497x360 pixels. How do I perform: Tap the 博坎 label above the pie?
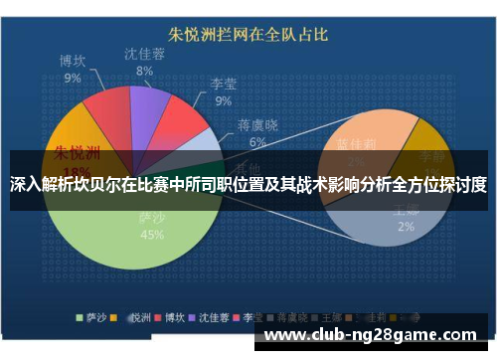(x=73, y=61)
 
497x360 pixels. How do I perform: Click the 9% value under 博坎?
(x=73, y=77)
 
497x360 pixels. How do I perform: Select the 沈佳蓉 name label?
(x=145, y=54)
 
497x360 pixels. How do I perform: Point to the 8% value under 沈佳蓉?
(x=145, y=71)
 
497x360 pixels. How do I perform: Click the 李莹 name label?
(x=223, y=84)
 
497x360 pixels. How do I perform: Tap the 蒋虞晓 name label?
(x=257, y=125)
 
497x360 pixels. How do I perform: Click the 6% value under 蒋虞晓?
(x=257, y=141)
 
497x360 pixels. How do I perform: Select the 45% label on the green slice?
(x=152, y=235)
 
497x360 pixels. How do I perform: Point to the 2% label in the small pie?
(x=406, y=227)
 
